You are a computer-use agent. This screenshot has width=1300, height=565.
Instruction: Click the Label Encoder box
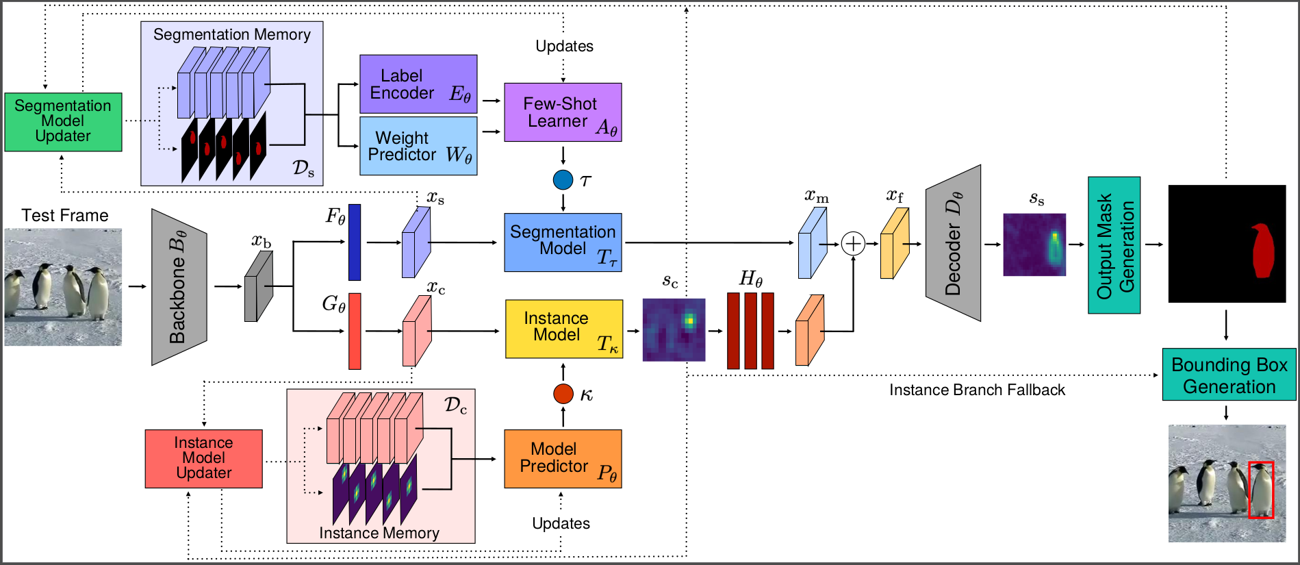pos(418,84)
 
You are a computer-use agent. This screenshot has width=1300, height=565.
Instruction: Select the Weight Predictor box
pos(418,146)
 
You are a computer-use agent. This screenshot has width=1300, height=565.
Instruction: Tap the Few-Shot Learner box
pos(563,112)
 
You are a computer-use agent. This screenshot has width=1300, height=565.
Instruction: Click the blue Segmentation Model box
pos(563,242)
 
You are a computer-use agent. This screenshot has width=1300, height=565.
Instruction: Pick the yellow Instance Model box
pos(564,329)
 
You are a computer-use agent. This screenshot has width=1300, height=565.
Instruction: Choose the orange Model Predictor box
pos(563,459)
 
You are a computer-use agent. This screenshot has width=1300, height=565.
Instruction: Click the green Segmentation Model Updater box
pos(63,122)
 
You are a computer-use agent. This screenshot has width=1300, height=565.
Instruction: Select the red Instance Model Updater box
pos(203,459)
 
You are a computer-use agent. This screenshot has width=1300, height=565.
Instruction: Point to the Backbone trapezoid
pos(179,287)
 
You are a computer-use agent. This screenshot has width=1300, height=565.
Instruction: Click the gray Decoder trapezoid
pos(953,242)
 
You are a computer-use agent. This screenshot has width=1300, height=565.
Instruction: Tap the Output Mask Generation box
pos(1114,245)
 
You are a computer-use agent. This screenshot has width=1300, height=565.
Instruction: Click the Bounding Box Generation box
pos(1229,375)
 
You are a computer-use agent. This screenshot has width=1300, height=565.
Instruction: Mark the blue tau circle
pos(563,180)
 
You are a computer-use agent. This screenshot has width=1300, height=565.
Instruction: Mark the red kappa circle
pos(563,394)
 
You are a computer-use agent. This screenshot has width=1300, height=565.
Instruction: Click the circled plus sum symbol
pos(853,243)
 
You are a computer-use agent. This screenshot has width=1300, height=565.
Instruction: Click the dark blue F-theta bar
pos(355,242)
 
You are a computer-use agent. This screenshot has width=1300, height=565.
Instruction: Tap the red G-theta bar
pos(355,331)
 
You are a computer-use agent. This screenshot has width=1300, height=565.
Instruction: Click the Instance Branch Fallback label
pos(977,390)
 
